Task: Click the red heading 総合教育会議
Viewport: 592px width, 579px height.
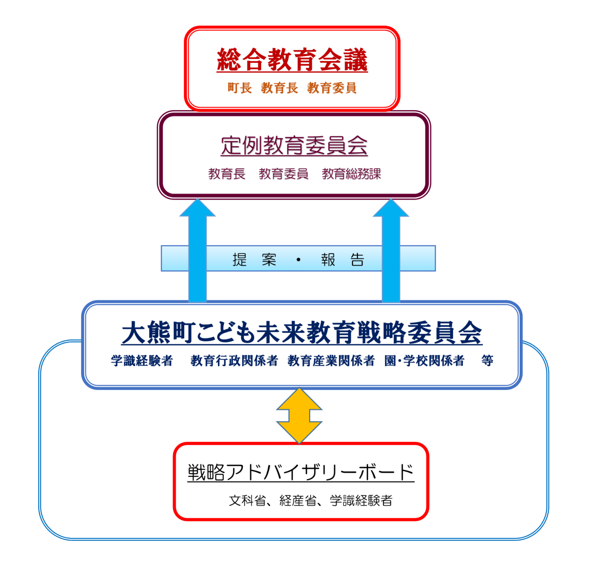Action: (292, 60)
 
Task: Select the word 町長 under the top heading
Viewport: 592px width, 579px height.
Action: (240, 88)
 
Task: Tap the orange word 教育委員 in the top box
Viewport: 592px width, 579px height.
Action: (332, 88)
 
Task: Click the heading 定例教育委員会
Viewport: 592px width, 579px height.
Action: (294, 145)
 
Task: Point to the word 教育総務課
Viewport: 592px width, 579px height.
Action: (351, 174)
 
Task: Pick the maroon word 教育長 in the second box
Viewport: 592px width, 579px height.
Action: (227, 174)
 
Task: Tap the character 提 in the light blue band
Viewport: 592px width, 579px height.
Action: (240, 260)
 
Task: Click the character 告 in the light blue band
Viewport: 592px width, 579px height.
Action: (357, 260)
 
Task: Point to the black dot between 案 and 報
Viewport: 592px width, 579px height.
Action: (298, 260)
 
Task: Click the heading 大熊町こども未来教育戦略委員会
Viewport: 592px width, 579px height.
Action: (302, 333)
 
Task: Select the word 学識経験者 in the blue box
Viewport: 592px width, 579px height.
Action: (142, 361)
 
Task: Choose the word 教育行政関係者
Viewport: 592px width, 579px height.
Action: (234, 361)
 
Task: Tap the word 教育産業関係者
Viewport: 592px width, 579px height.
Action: (331, 361)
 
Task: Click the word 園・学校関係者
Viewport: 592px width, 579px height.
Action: (424, 361)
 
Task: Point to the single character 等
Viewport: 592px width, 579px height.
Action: (487, 360)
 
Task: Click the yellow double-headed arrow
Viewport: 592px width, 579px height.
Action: (299, 416)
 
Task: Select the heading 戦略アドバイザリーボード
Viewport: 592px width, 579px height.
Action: (301, 472)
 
